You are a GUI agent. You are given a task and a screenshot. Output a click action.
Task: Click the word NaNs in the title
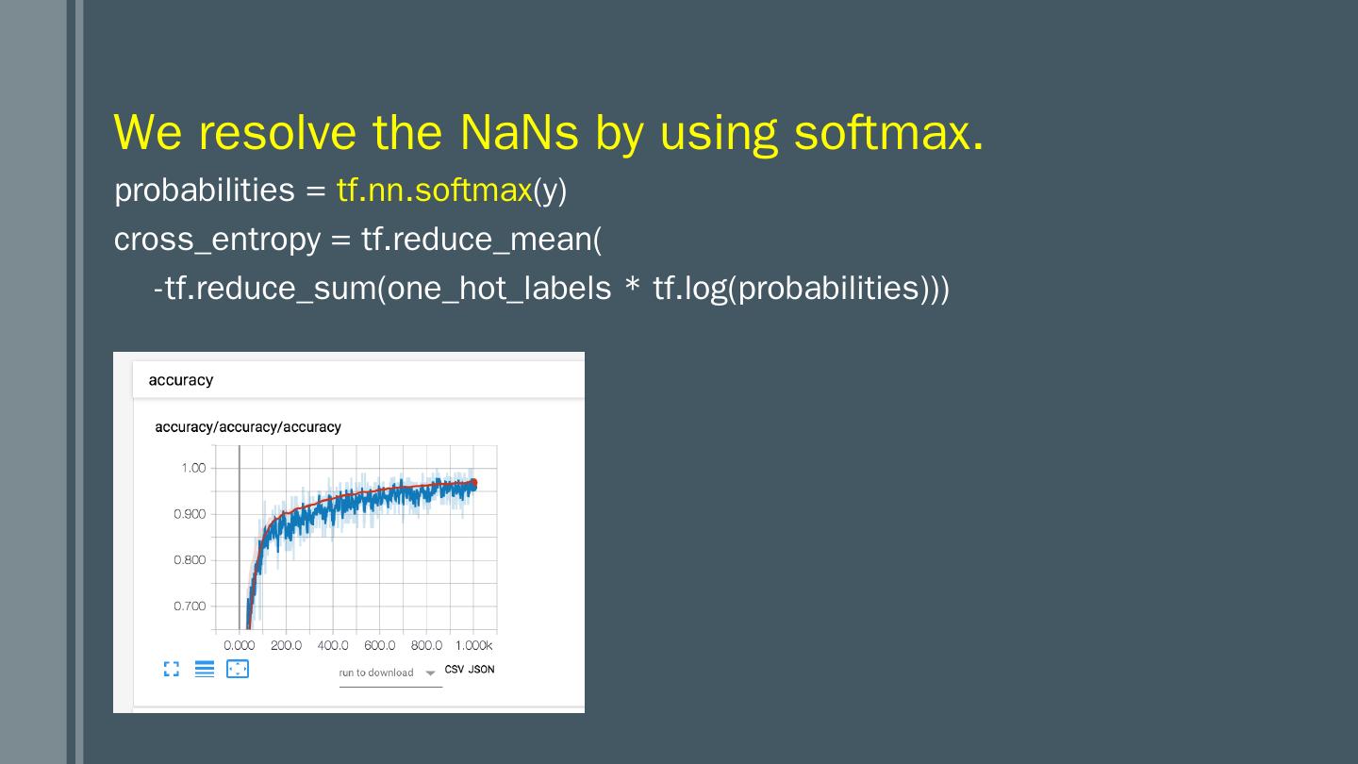coord(519,132)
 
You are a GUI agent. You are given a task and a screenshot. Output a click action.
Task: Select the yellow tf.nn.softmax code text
coord(435,190)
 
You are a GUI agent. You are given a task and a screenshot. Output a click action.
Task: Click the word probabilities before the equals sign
coord(205,190)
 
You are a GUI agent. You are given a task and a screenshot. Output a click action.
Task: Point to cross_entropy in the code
coord(217,240)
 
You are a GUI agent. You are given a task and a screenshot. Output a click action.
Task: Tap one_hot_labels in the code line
coord(499,288)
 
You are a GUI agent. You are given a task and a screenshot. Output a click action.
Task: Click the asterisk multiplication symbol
coord(632,285)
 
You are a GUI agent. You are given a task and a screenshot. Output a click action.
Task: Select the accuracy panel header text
coord(181,380)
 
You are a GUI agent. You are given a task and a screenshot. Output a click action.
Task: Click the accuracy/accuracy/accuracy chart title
coord(248,427)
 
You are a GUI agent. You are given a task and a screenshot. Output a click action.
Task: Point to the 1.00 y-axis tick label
coord(193,468)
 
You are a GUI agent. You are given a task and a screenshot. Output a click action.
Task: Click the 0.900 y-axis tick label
coord(190,514)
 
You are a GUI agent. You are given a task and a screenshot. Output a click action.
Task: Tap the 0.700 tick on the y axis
coord(190,606)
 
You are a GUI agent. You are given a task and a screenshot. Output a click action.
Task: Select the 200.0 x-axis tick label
coord(286,646)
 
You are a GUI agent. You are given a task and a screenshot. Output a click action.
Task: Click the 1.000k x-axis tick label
coord(474,646)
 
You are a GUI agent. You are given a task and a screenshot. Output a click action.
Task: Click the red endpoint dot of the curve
coord(473,483)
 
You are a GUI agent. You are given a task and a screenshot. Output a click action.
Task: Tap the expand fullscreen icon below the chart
coord(172,669)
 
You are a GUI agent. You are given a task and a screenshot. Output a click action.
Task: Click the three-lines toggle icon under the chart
coord(205,669)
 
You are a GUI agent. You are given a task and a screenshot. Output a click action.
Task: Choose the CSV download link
coord(455,670)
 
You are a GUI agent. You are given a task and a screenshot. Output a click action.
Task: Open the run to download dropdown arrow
coord(430,673)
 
